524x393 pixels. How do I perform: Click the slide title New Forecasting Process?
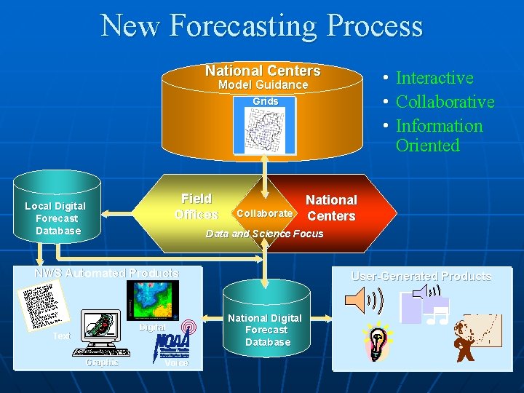(262, 25)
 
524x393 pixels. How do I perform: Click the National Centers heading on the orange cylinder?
(263, 71)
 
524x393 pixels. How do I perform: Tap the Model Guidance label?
(263, 85)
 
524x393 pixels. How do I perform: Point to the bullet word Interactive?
(434, 78)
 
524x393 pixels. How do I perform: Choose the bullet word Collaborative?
(445, 102)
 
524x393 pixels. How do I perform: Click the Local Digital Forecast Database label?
(55, 218)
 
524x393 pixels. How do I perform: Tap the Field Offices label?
(196, 207)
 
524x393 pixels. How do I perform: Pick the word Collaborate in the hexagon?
(264, 213)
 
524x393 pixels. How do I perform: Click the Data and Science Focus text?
(264, 234)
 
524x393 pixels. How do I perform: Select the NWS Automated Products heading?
(107, 273)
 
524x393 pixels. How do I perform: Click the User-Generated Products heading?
(421, 277)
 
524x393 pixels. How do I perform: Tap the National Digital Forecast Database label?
(265, 330)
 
